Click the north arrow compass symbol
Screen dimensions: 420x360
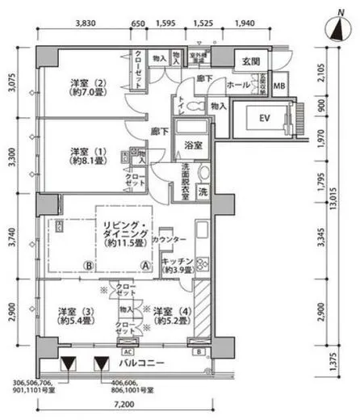point(337,30)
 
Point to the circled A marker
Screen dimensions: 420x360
point(145,265)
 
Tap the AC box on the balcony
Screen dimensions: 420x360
point(127,351)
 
